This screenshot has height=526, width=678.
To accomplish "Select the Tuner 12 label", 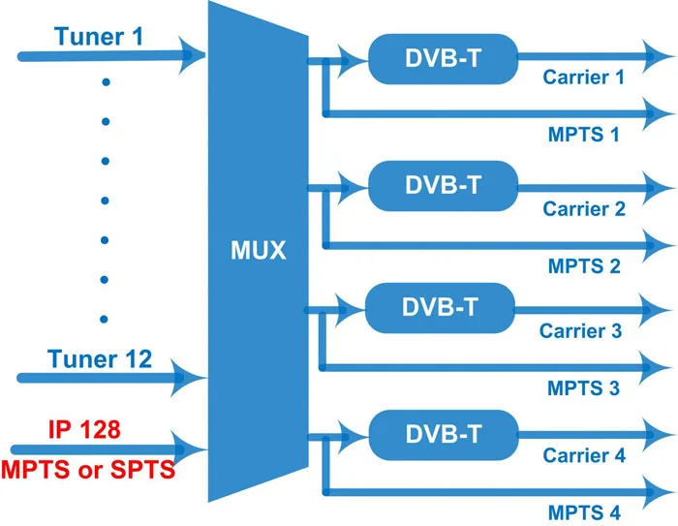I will point(101,359).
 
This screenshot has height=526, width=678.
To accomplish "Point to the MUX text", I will point(259,251).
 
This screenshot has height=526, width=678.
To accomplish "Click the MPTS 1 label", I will point(583,135).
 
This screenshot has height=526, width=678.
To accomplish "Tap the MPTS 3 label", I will point(583,389).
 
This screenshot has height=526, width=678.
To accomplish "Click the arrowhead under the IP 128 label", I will point(190,449).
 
